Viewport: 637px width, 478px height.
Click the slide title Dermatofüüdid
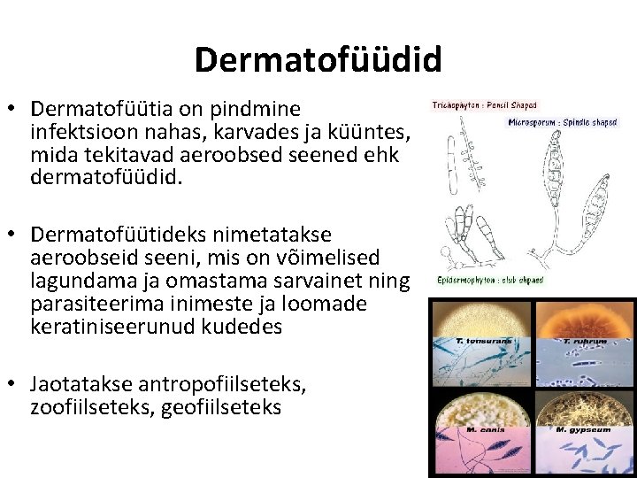click(x=318, y=60)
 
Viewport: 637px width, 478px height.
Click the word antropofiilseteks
click(x=212, y=385)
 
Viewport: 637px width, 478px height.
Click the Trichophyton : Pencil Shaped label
click(x=484, y=105)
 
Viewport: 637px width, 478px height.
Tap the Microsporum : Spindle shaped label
click(x=562, y=122)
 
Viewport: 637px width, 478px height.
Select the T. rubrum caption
click(x=585, y=341)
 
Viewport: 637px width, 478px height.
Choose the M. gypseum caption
click(x=576, y=430)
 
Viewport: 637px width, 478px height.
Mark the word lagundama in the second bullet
click(x=76, y=280)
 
